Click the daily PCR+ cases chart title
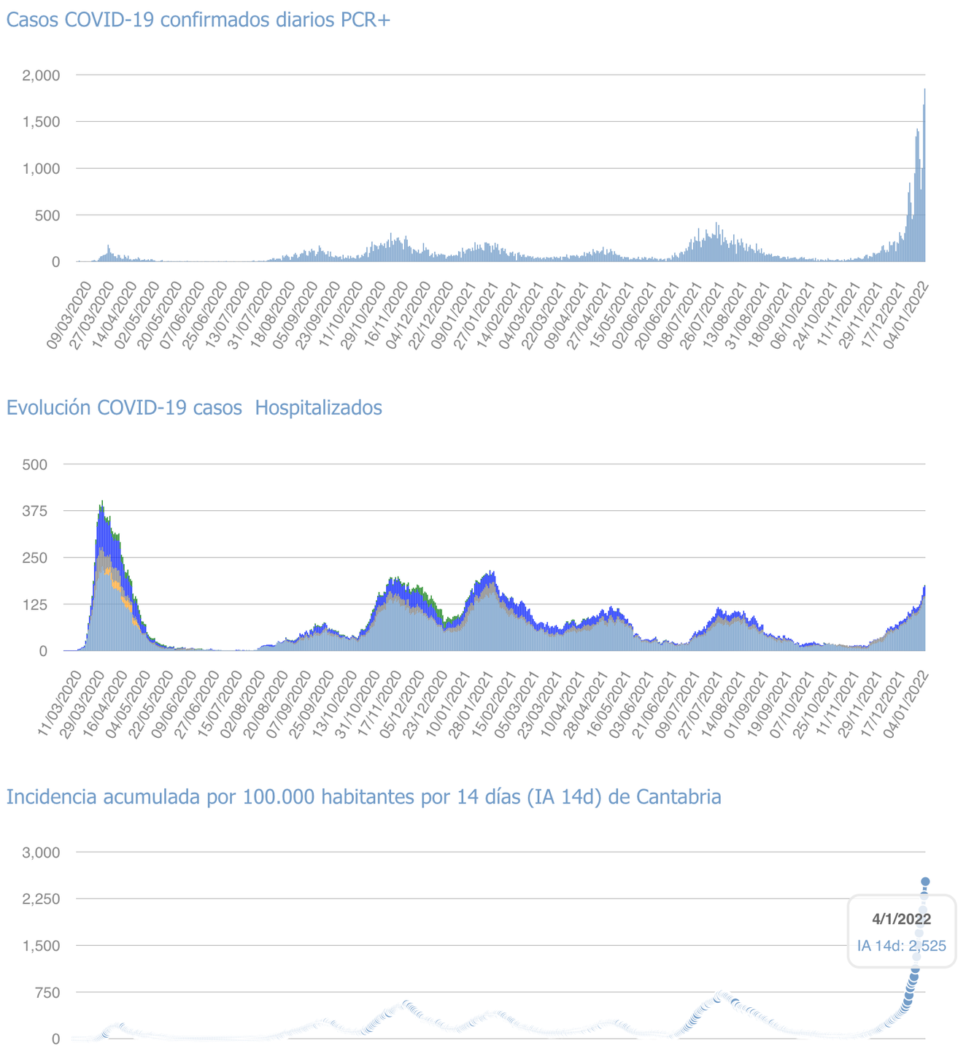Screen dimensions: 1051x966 tap(198, 20)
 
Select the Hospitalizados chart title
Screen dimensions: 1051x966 tap(194, 407)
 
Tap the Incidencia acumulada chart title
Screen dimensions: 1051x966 tap(363, 796)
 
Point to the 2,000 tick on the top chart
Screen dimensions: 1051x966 tap(41, 75)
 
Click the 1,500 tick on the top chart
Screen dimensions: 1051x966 tap(41, 122)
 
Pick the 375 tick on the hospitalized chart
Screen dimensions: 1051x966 tap(35, 511)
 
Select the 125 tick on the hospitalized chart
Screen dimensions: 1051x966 tap(35, 604)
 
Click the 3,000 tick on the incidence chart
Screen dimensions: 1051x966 tap(41, 852)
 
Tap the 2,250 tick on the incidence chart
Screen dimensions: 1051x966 tap(41, 898)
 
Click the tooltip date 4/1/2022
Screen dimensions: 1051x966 tap(901, 920)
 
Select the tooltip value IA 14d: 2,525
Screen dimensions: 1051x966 tap(901, 946)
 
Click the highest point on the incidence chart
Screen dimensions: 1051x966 tap(925, 882)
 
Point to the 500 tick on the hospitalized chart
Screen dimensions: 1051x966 tap(35, 464)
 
